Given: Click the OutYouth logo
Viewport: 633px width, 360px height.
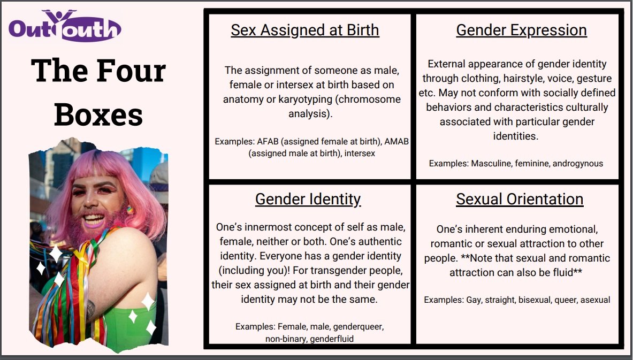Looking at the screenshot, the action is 65,26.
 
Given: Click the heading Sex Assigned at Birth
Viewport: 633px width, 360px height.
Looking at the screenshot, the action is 305,30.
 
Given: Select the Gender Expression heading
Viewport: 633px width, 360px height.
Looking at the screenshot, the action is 521,30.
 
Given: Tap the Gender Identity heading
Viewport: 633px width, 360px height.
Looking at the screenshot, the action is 308,200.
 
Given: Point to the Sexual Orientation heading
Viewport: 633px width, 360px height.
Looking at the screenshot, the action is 520,200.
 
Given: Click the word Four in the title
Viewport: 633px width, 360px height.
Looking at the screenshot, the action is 131,71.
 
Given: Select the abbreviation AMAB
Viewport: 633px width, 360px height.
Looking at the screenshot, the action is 396,142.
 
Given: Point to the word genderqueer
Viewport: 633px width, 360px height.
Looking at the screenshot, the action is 359,326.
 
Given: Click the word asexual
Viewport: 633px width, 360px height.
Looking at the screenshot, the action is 596,300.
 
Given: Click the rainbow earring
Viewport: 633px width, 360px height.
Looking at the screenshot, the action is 129,210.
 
